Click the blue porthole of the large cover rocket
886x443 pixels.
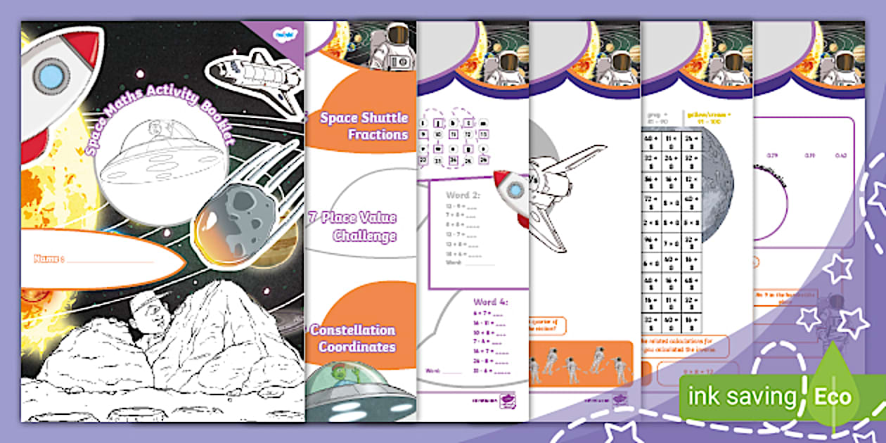pyautogui.click(x=51, y=75)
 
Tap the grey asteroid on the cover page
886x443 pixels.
pyautogui.click(x=235, y=218)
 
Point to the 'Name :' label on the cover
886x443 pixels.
pyautogui.click(x=49, y=259)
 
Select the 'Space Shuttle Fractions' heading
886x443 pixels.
pyautogui.click(x=364, y=125)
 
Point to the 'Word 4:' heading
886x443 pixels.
pyautogui.click(x=491, y=302)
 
